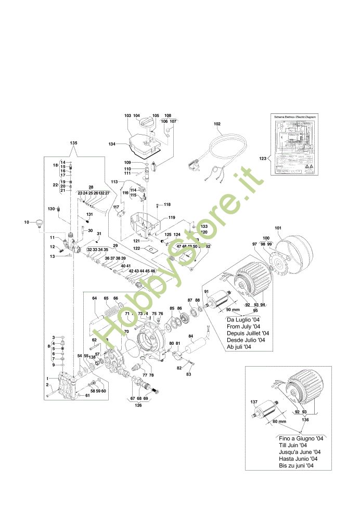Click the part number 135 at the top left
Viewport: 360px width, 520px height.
pos(73,142)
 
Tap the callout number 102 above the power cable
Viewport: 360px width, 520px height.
pos(217,124)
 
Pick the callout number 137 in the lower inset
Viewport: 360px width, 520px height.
pos(254,402)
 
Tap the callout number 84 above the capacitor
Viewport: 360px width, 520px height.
pos(190,336)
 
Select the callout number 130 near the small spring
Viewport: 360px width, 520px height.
pos(51,209)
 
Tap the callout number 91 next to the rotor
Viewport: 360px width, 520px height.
pos(207,292)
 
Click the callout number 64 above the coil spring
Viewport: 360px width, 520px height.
pos(94,298)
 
